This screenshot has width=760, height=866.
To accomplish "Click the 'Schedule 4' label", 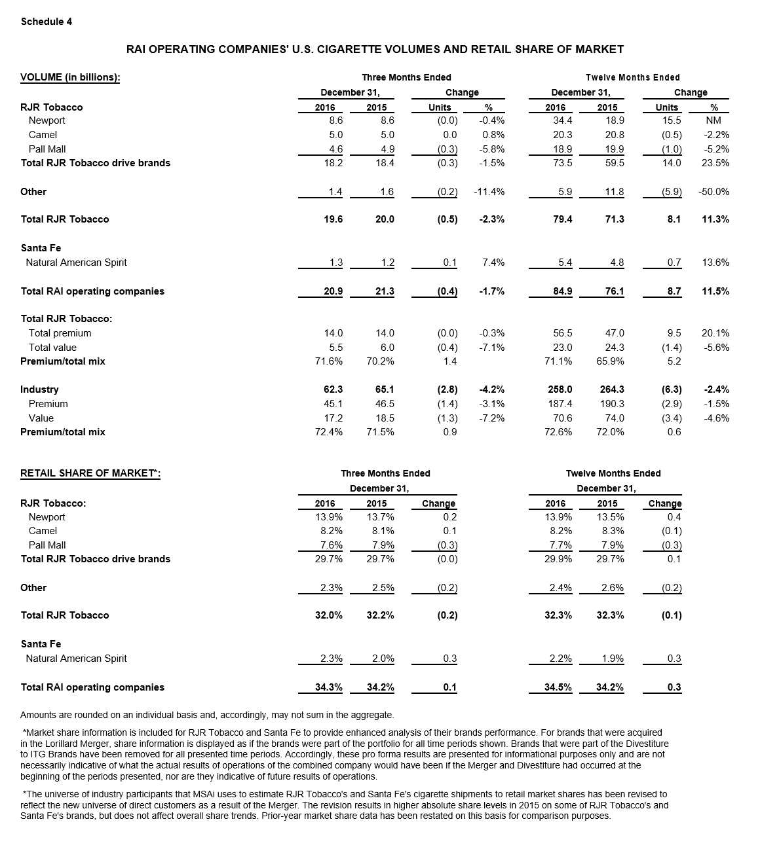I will (x=47, y=22).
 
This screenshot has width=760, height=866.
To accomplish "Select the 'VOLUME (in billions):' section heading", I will (x=70, y=77).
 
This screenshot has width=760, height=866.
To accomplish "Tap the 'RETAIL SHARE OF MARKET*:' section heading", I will (x=90, y=473).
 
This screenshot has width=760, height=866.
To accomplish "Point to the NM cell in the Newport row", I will (x=713, y=120).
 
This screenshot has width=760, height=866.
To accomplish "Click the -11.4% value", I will (x=489, y=192).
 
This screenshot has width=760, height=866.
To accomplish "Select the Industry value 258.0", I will (x=560, y=389).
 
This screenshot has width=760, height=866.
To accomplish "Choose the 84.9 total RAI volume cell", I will (x=563, y=291).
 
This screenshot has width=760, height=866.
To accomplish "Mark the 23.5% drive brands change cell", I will (x=715, y=163).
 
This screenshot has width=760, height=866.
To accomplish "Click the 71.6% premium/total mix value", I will (x=329, y=361).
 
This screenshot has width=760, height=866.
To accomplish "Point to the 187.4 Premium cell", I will (x=560, y=404).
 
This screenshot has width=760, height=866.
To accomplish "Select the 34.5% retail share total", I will (x=558, y=687).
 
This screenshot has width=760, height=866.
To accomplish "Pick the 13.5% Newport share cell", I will (x=611, y=517).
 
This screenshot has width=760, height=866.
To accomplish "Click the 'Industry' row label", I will (x=39, y=389).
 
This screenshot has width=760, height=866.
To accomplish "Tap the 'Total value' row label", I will (x=52, y=348).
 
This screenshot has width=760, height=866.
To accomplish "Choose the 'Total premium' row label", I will (x=60, y=333).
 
